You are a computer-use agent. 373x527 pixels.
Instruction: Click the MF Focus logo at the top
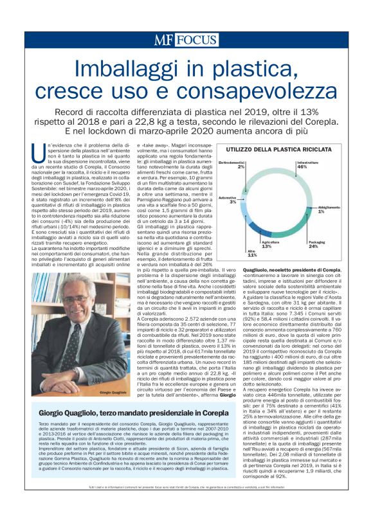[x=186, y=40]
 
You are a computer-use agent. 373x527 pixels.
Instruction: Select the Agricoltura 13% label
[x=266, y=244]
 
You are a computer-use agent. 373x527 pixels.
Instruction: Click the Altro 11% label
[x=252, y=253]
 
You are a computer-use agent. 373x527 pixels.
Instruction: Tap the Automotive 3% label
[x=228, y=200]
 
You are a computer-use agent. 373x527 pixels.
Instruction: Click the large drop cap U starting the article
[x=38, y=152]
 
